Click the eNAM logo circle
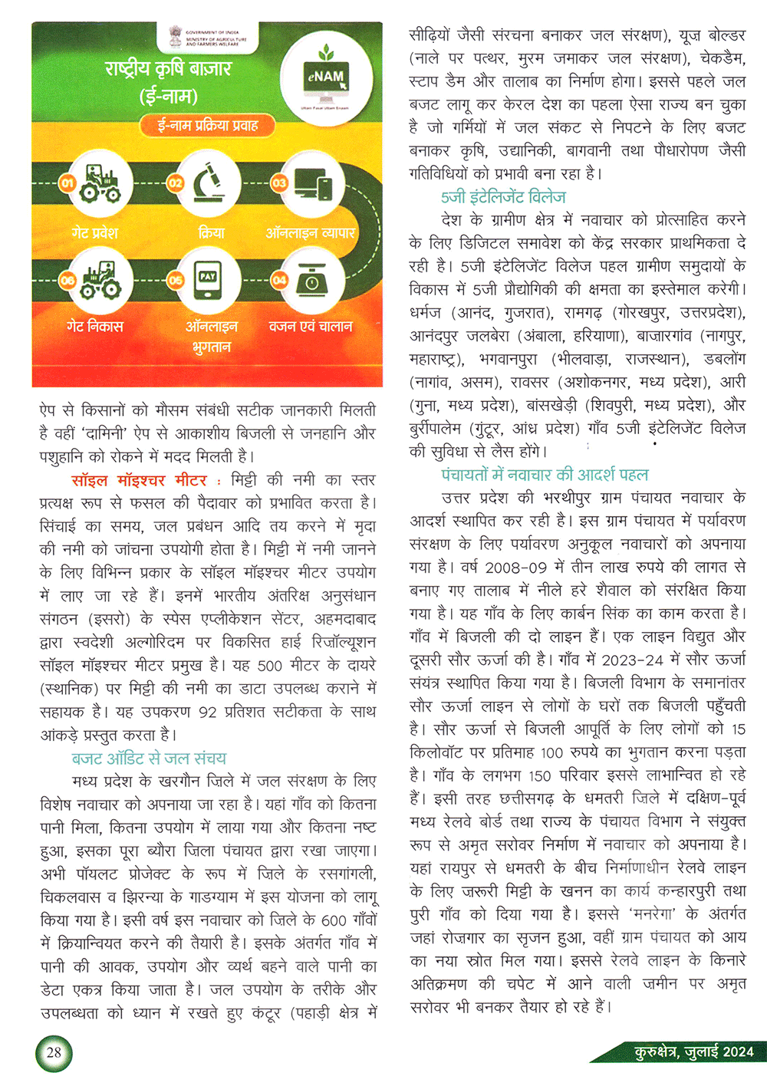(x=327, y=78)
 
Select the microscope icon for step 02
(x=207, y=183)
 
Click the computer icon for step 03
(x=312, y=184)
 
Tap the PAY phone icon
(x=207, y=281)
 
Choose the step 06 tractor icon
(x=100, y=281)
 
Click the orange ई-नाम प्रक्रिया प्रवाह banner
(x=207, y=125)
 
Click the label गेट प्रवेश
(x=95, y=232)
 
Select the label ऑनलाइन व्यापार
(x=310, y=232)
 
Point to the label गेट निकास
(x=95, y=326)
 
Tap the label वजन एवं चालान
(x=310, y=326)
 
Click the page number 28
(x=54, y=1052)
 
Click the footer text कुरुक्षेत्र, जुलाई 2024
(x=693, y=1051)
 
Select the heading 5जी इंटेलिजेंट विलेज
(x=503, y=197)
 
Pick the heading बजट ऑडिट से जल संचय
(x=149, y=759)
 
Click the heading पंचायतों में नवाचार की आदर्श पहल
(x=545, y=475)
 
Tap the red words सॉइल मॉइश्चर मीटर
(x=139, y=480)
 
